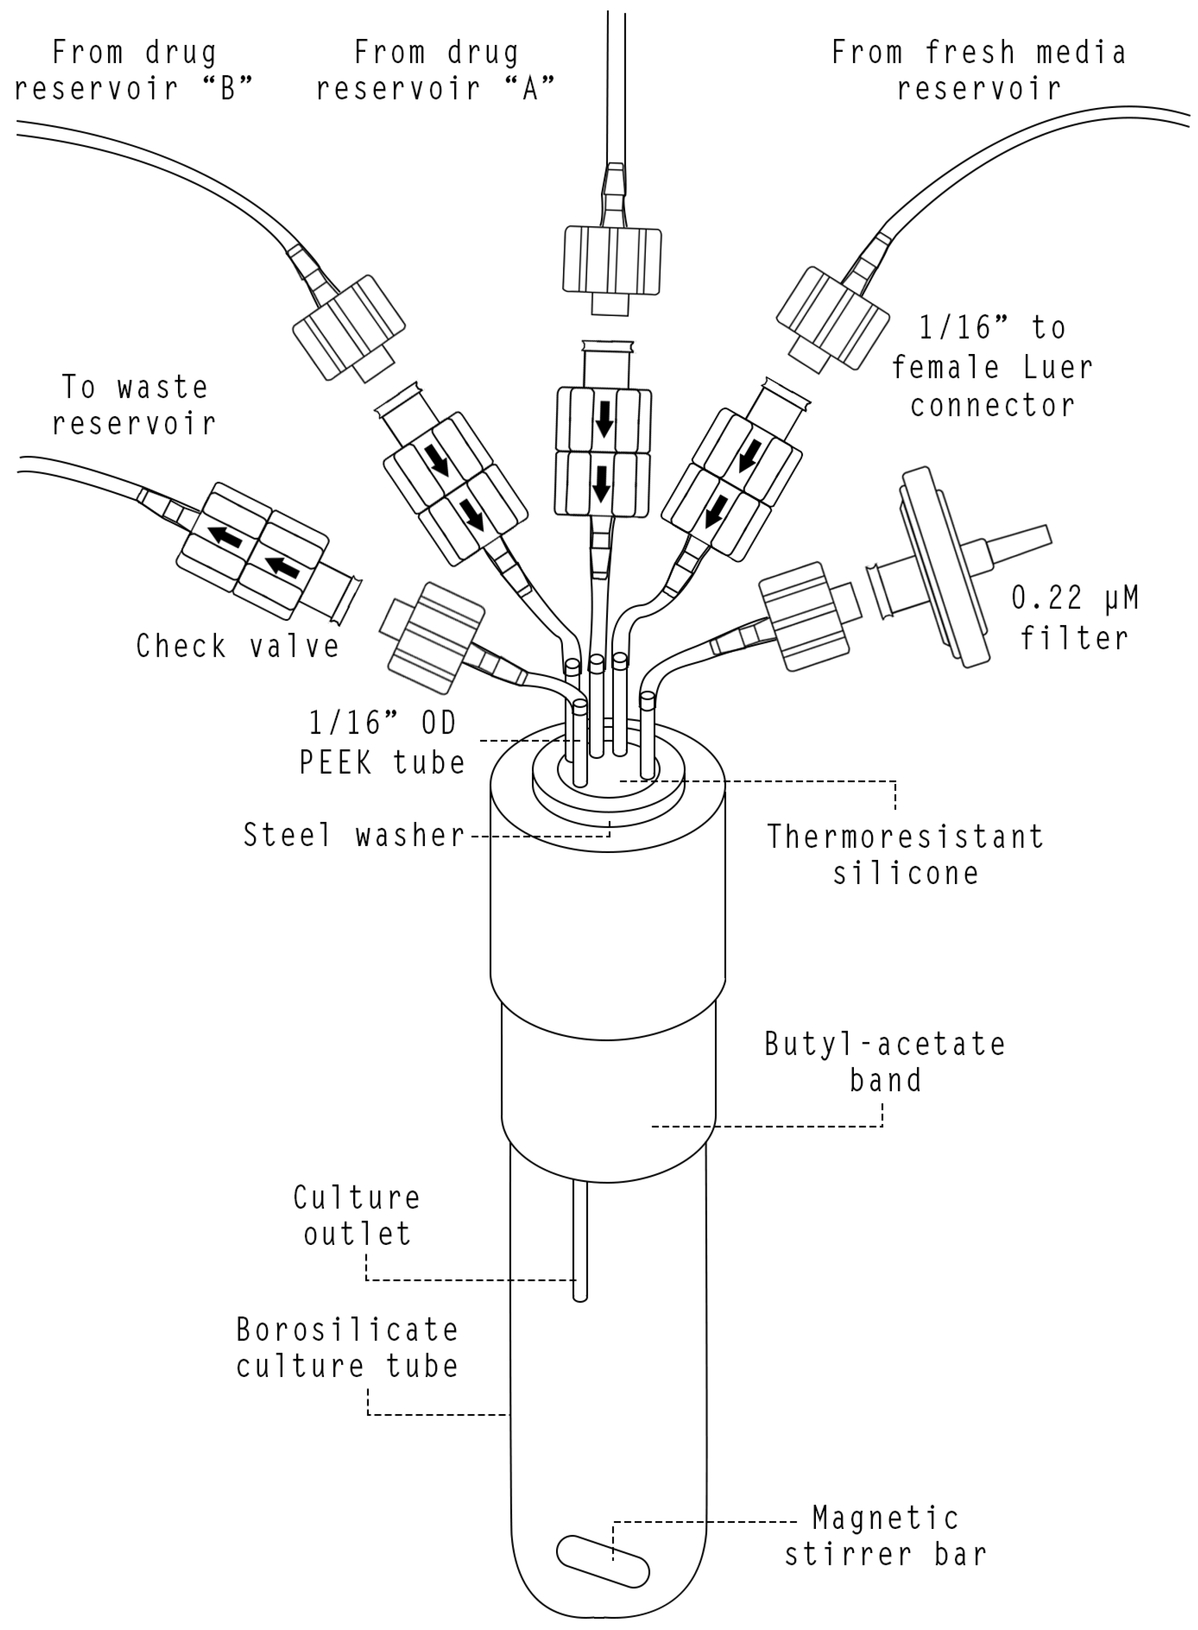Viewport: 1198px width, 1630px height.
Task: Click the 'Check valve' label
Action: (238, 646)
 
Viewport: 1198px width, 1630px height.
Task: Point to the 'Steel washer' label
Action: (353, 835)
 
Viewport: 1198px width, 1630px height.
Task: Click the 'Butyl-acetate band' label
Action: (885, 1062)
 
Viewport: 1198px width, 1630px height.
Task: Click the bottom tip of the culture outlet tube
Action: (579, 1297)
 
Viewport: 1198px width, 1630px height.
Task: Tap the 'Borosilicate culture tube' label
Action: (348, 1348)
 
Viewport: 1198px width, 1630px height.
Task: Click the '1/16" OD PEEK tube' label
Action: (382, 743)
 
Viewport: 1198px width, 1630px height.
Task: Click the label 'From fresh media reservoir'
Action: (979, 71)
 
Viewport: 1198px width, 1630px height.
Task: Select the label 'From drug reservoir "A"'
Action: (436, 71)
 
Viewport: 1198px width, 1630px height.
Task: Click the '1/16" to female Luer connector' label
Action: (992, 367)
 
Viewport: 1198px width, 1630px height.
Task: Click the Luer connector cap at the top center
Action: (612, 261)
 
